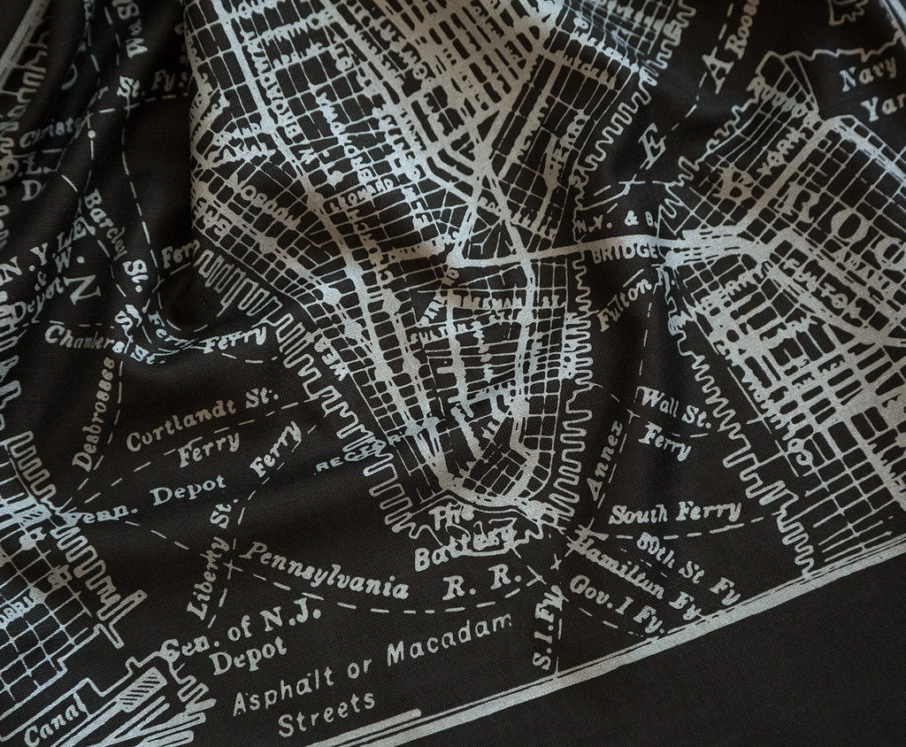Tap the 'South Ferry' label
(674, 512)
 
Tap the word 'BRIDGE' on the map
(629, 252)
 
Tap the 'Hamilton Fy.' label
(632, 566)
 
